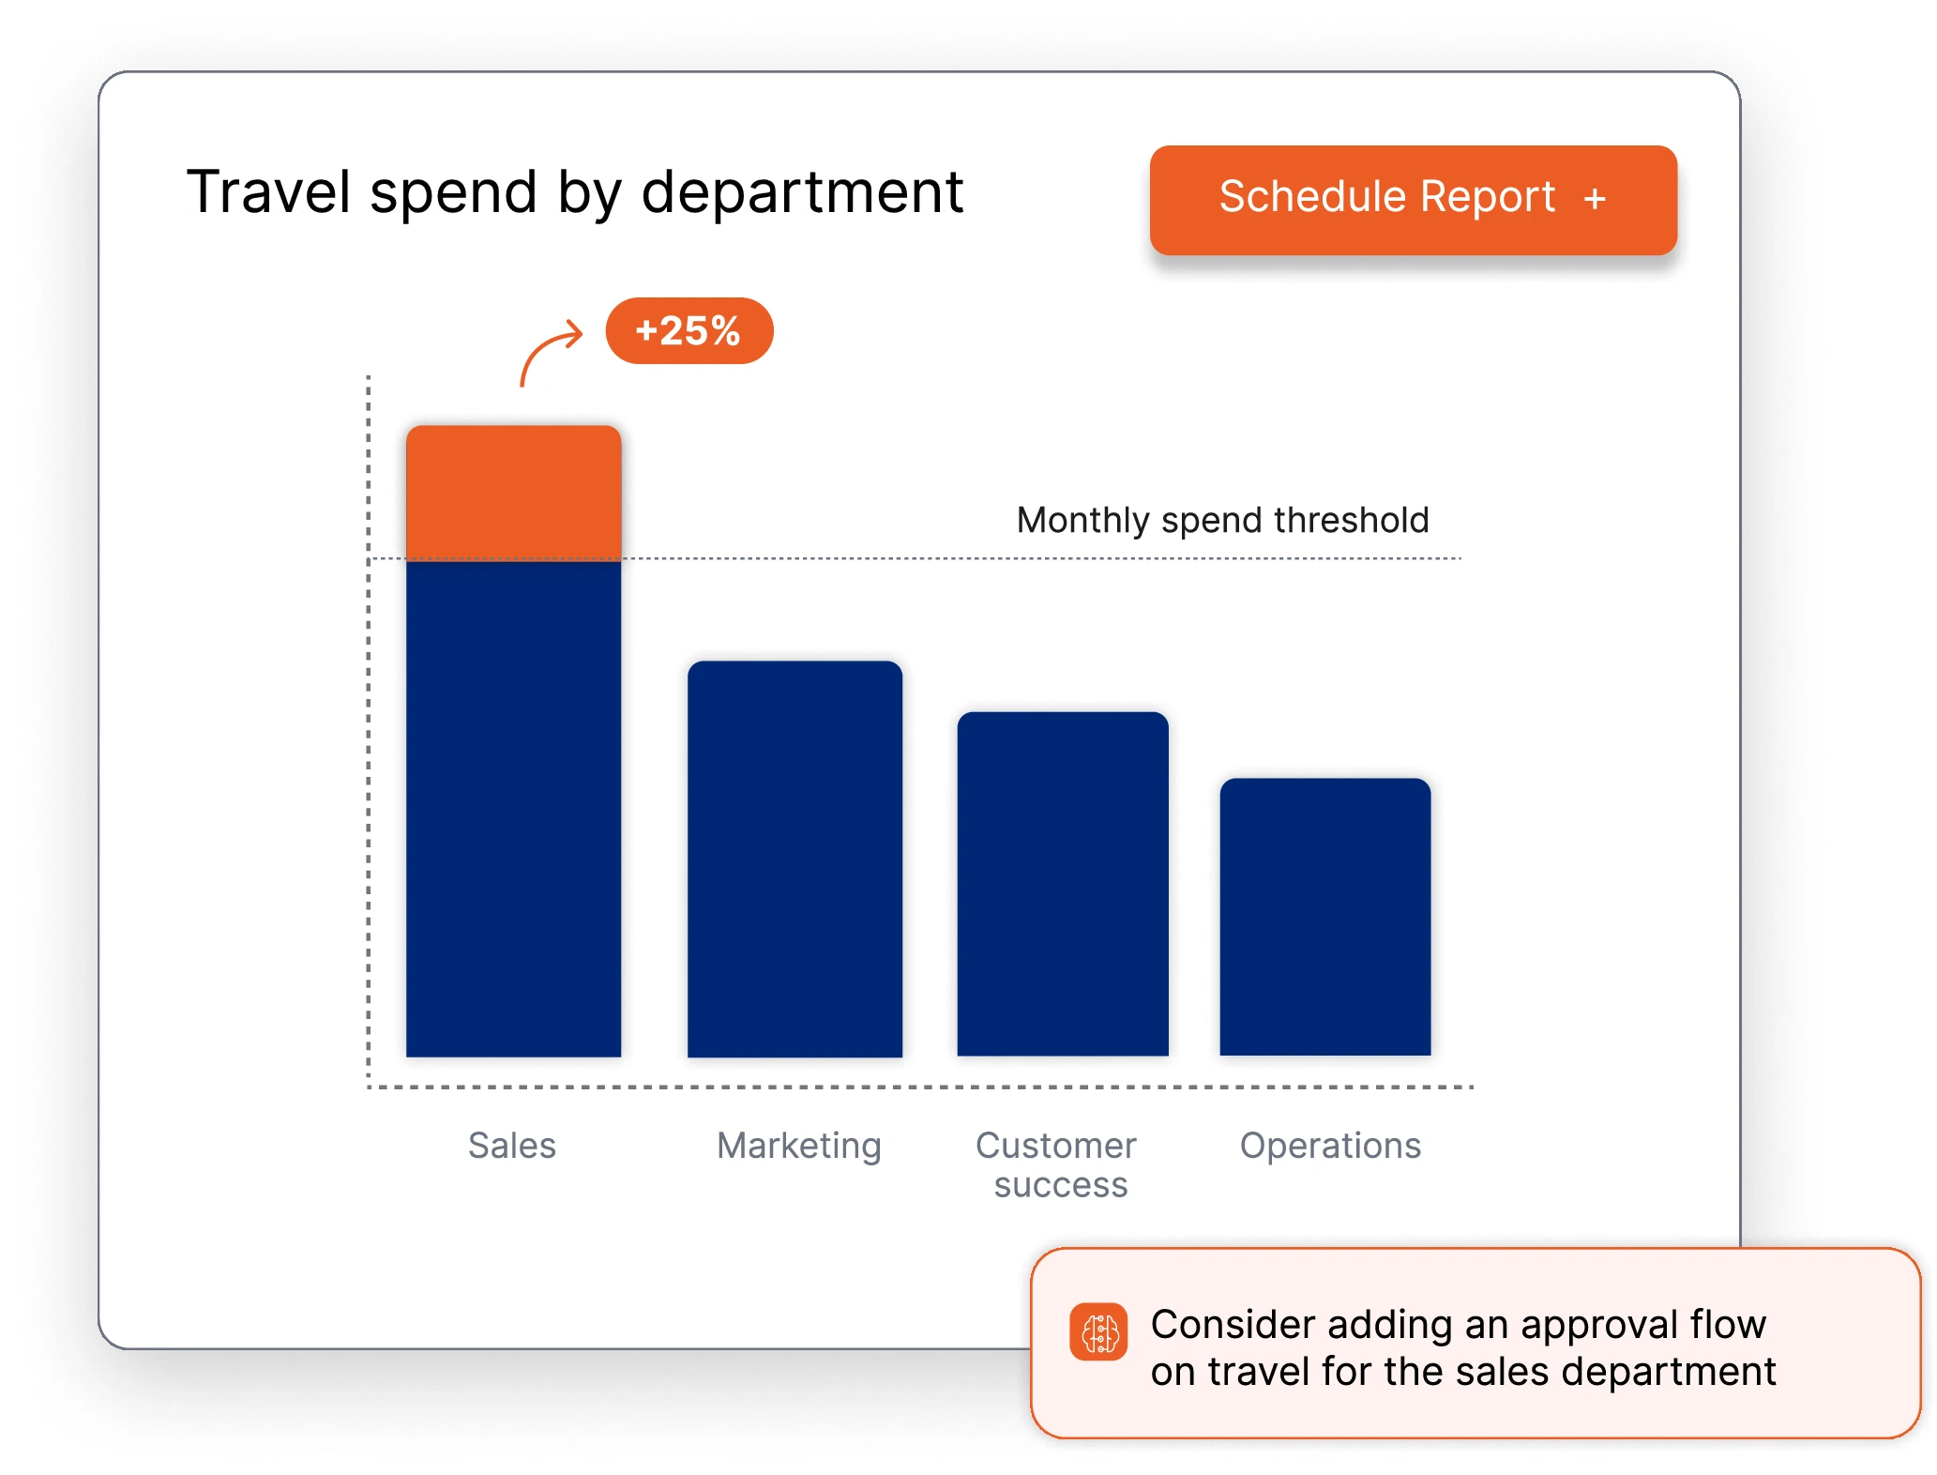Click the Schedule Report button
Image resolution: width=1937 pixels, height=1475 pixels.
pos(1412,200)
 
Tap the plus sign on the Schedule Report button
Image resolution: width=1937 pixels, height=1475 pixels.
pos(1594,199)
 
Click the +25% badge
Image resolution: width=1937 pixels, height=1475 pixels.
pos(689,330)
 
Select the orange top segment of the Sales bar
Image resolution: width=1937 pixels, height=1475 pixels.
pos(513,492)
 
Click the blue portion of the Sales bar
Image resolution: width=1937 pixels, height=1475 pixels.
pos(513,807)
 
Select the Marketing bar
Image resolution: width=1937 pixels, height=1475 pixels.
pos(794,859)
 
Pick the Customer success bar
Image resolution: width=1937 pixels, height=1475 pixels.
pos(1062,884)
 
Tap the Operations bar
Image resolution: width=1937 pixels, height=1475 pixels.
pos(1324,917)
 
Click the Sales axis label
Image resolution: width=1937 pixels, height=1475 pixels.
pos(511,1146)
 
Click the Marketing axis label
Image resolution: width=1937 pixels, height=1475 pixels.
pos(798,1146)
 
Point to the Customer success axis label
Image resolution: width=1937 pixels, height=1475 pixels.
pos(1057,1164)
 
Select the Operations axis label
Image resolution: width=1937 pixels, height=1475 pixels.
pos(1330,1146)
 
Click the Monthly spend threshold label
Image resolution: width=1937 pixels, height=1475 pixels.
pos(1222,520)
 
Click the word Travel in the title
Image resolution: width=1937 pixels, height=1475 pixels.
pos(268,192)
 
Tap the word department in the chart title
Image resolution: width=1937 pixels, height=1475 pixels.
pos(802,192)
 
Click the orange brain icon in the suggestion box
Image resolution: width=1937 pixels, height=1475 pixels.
pos(1098,1331)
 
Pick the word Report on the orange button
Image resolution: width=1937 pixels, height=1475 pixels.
pos(1487,197)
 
